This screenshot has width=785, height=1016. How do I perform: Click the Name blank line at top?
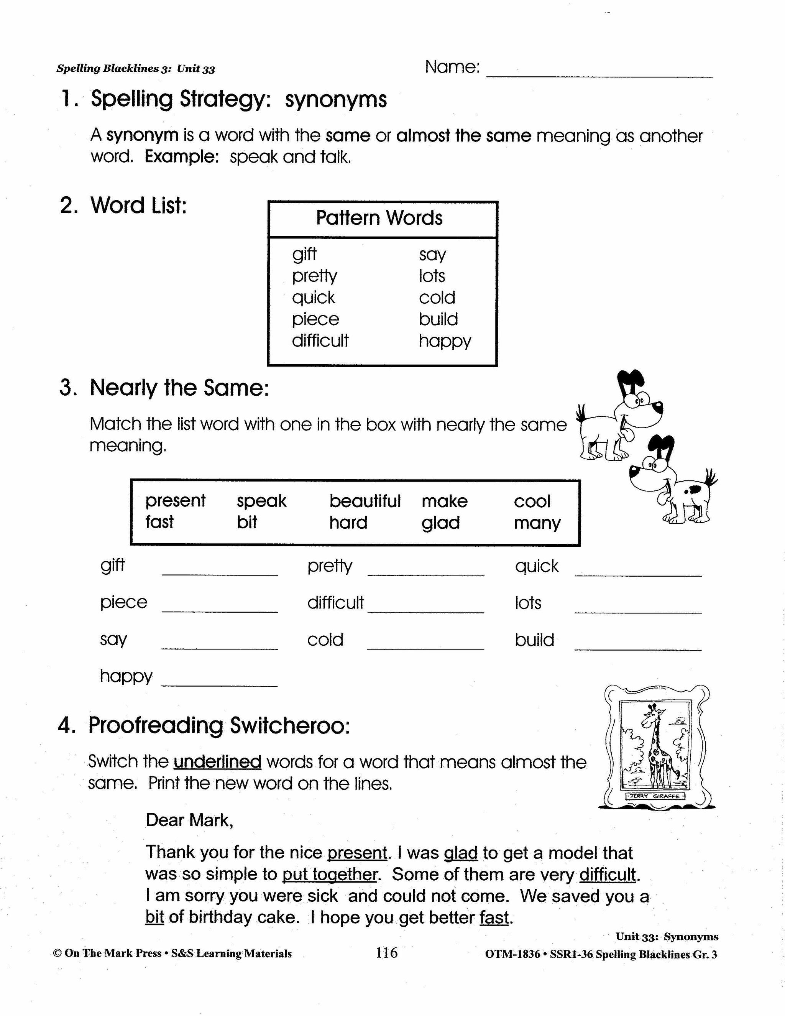point(599,74)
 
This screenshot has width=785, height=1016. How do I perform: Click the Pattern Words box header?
point(379,218)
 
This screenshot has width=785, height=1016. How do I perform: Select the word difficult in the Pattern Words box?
point(320,341)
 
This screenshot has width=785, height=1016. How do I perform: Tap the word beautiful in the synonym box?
point(365,501)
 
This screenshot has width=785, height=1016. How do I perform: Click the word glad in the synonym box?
point(440,523)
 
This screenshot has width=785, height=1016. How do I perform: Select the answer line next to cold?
point(425,647)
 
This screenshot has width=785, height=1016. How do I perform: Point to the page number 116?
point(386,953)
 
